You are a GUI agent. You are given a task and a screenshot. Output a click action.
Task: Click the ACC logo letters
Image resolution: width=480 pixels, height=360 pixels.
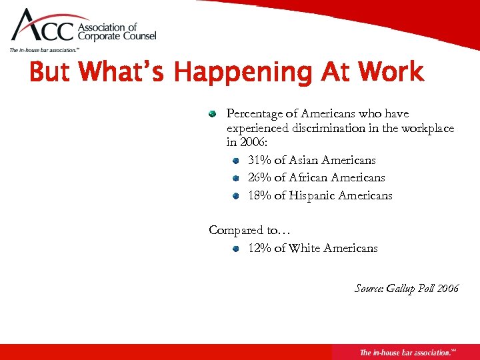(x=42, y=27)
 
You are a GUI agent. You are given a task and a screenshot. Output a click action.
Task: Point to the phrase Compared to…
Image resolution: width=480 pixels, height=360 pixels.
(x=249, y=230)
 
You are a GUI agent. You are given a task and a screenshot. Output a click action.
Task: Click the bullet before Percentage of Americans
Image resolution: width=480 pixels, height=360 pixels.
(x=212, y=114)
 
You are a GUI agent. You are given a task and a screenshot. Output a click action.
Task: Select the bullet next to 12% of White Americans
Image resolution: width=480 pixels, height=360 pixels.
(x=235, y=249)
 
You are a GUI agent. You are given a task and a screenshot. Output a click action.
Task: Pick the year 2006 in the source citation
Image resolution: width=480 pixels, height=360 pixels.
(x=447, y=288)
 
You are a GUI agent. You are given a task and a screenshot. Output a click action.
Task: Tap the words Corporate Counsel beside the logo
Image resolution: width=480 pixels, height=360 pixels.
(x=117, y=37)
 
